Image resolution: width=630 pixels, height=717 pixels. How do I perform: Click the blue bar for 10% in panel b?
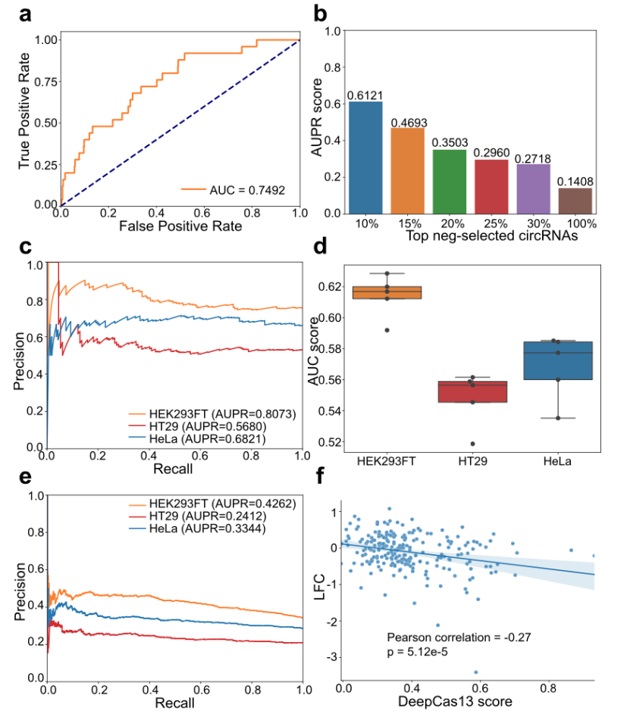coord(365,157)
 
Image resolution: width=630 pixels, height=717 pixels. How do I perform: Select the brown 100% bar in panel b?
coord(575,201)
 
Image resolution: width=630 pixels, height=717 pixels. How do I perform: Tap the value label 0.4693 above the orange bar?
coord(409,123)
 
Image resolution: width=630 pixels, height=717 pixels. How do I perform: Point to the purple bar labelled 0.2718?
coord(534,189)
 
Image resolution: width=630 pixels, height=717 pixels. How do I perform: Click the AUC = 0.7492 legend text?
coord(247,190)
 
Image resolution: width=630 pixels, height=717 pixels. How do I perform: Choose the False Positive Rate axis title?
coord(180,226)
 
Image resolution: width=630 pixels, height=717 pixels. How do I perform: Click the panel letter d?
coord(320,247)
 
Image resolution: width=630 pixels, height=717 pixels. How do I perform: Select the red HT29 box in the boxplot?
coord(472,392)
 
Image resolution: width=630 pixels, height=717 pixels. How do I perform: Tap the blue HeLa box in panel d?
coord(558,360)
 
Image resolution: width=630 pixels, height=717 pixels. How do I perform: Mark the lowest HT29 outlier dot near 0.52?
coord(472,444)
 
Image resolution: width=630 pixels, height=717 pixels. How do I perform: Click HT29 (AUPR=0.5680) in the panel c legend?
coord(208,426)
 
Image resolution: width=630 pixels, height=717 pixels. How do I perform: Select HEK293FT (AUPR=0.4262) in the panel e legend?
coord(223,503)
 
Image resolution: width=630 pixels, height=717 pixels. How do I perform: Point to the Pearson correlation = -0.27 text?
coord(459,637)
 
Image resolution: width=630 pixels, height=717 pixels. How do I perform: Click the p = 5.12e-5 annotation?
coord(417,652)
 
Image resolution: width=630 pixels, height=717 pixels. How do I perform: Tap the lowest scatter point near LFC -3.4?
coord(475,672)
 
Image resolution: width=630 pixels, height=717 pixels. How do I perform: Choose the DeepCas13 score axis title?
coord(455,701)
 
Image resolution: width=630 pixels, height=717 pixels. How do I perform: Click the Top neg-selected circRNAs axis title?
coord(492,235)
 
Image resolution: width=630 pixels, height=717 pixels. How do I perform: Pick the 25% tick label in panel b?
coord(495,223)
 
